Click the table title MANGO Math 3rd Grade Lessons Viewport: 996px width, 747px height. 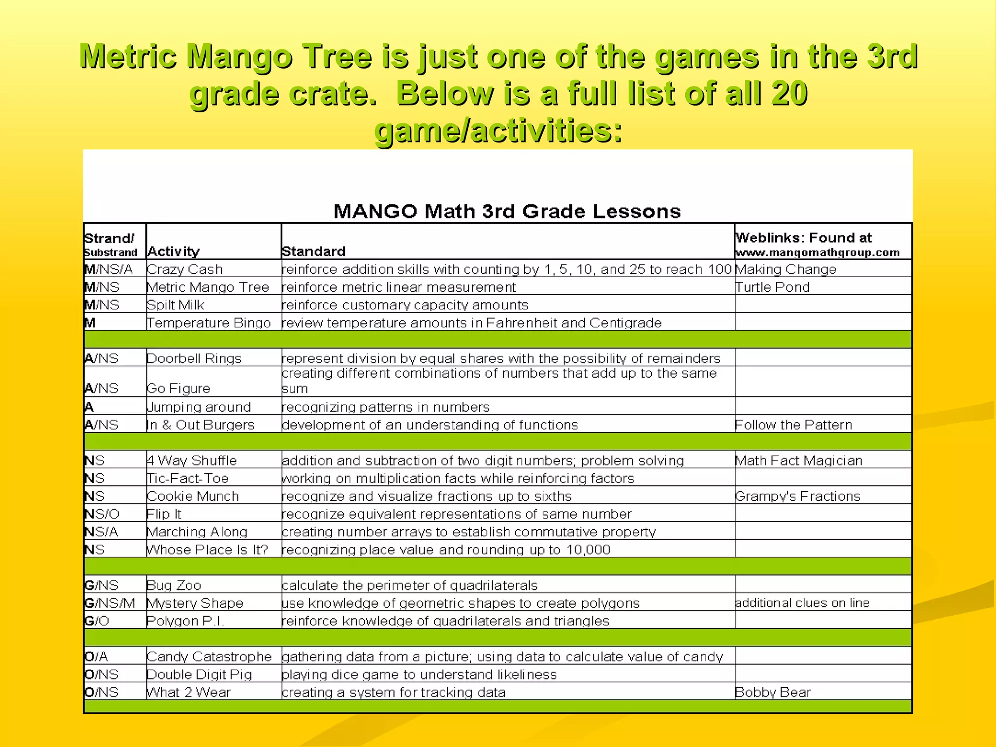(x=507, y=212)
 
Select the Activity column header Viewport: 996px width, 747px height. (x=174, y=251)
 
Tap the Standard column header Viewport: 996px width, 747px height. (x=314, y=251)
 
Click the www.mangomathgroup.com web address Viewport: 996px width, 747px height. (x=817, y=252)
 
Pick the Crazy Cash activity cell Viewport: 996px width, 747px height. (x=185, y=269)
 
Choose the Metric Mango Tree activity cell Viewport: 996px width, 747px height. (x=208, y=287)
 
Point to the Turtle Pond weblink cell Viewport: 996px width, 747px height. (x=772, y=287)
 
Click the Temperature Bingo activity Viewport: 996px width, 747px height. (x=209, y=323)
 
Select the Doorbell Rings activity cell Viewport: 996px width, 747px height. (x=194, y=359)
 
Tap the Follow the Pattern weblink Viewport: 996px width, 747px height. (x=793, y=425)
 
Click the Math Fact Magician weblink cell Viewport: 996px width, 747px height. (x=799, y=461)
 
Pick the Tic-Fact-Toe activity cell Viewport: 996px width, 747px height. (x=188, y=479)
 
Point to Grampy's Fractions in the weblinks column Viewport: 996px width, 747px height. (x=798, y=497)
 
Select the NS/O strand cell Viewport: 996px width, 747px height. (x=102, y=514)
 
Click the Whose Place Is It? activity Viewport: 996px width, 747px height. (x=208, y=550)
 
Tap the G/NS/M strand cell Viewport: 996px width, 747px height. (x=110, y=604)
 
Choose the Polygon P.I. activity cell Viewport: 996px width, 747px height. (x=185, y=621)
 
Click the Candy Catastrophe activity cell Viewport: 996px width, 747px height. (x=209, y=657)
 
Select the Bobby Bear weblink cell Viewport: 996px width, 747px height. (x=773, y=693)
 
